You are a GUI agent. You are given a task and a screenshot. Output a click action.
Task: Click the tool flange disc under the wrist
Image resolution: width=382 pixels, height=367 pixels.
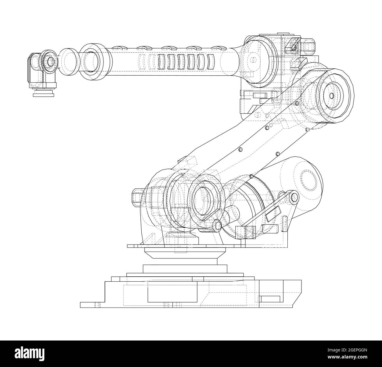click(x=43, y=94)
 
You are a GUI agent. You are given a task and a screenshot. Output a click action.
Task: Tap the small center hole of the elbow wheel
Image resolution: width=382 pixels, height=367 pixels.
click(x=331, y=96)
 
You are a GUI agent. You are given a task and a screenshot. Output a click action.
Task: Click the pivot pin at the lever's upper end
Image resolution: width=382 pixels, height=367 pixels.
click(x=293, y=198)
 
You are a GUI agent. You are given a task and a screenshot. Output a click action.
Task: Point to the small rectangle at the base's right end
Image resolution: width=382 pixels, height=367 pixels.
click(x=270, y=299)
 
